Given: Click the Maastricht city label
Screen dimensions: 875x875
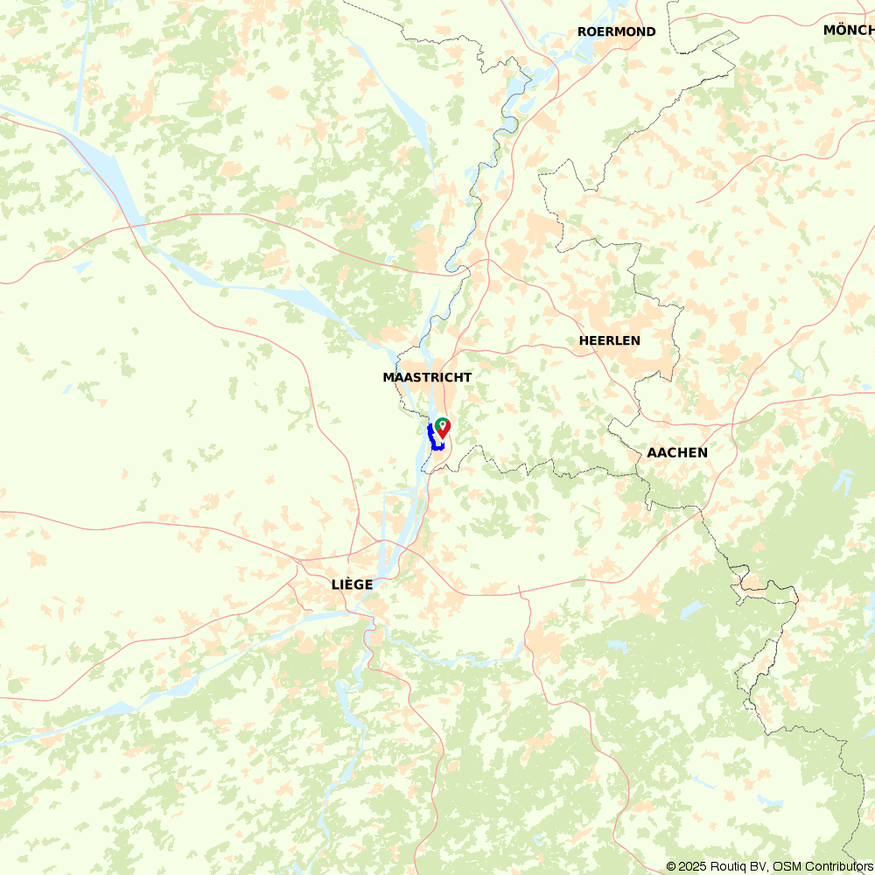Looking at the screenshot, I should pyautogui.click(x=427, y=377).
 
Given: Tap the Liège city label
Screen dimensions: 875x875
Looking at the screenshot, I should pyautogui.click(x=352, y=584).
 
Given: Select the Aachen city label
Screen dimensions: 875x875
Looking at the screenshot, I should pyautogui.click(x=676, y=452).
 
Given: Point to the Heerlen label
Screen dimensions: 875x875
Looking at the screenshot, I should pyautogui.click(x=609, y=340).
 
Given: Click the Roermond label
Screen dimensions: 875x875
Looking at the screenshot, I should pyautogui.click(x=616, y=31).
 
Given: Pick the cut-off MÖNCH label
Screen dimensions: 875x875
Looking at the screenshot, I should pyautogui.click(x=848, y=30).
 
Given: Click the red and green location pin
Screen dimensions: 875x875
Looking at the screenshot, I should pyautogui.click(x=443, y=427).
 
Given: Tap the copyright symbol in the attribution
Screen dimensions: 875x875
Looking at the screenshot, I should pyautogui.click(x=671, y=866).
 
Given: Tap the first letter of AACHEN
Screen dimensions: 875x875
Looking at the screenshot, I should pyautogui.click(x=652, y=452).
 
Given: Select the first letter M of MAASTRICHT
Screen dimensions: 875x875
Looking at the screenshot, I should pyautogui.click(x=388, y=377).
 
